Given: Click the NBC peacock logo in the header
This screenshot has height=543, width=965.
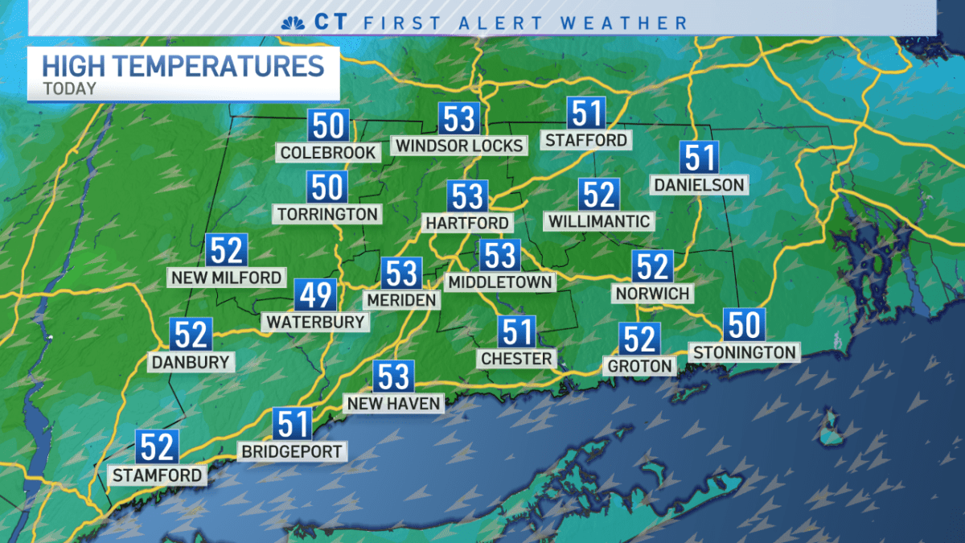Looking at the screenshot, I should point(291,22).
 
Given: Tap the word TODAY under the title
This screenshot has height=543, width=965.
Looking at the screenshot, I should point(70,88).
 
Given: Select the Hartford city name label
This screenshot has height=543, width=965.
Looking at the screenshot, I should point(468,222).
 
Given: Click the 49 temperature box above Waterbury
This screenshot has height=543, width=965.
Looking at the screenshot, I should point(314,295).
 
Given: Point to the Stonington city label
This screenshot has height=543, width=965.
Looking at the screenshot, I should point(744,352).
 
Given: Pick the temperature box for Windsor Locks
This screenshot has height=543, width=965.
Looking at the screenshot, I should point(459,119).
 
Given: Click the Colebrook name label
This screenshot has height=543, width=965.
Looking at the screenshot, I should point(328,152).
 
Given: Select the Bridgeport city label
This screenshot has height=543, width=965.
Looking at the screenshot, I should point(293,451).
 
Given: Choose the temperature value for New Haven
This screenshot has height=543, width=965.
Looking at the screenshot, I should point(393,376).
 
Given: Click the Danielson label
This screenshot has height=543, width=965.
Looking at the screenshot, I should point(698,185).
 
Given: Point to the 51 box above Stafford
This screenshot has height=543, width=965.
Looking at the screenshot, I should point(586,113).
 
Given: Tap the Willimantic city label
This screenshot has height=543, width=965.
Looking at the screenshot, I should point(598,220).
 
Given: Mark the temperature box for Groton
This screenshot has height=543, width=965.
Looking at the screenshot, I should point(639,339).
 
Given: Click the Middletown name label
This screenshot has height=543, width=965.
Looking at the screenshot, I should point(500,282).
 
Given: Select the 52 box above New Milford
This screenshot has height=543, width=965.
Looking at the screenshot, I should point(226,251).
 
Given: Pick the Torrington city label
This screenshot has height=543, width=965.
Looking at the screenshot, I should point(327,214).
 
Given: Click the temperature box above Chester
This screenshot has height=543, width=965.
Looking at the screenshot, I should point(516,331).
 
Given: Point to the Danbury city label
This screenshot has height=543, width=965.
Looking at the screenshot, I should point(191,362).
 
